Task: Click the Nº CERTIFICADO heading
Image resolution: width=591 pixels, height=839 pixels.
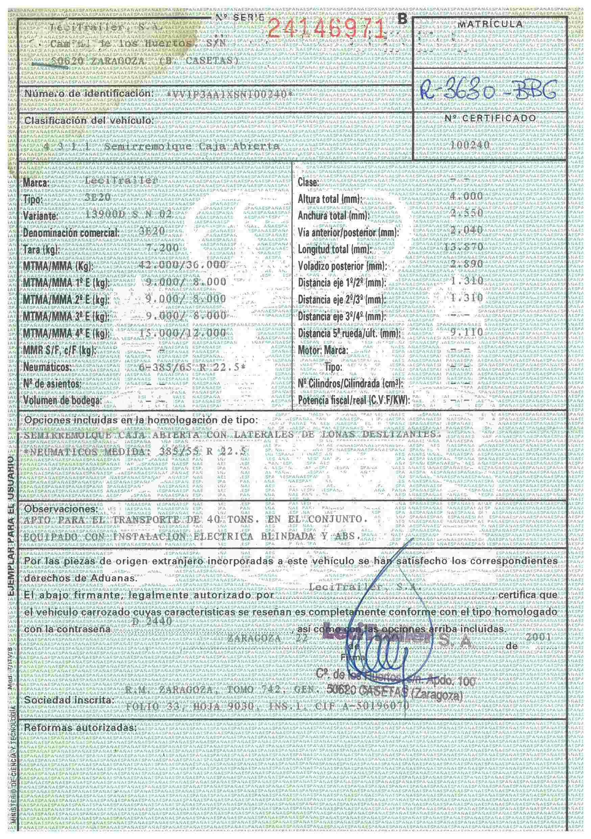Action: [490, 118]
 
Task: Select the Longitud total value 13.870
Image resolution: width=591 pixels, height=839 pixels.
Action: [464, 247]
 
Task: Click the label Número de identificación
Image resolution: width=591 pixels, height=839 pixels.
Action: [88, 94]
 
